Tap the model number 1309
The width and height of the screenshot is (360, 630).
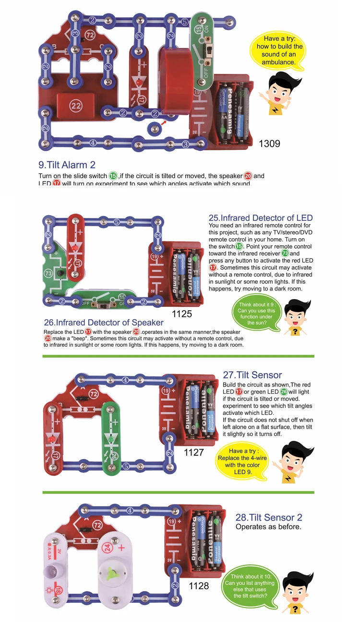point(269,143)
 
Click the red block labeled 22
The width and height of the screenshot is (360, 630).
point(76,106)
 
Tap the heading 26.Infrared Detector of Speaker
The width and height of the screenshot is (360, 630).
point(103,323)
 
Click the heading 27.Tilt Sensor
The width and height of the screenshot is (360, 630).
point(252,375)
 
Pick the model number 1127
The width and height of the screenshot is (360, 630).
point(194,452)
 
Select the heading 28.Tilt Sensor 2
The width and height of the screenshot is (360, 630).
point(269,518)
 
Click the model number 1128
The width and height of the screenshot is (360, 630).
point(199,585)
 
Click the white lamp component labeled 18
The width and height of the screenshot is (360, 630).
point(53,567)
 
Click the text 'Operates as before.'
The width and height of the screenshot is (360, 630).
point(268,527)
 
